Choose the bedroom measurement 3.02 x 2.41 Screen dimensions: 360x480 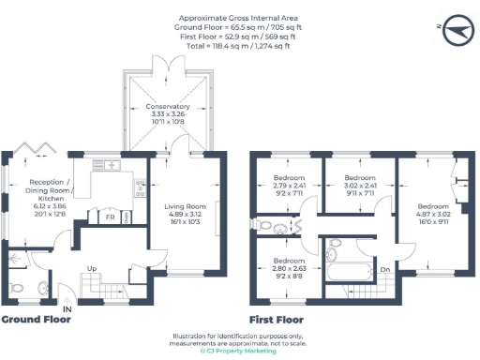click(359, 186)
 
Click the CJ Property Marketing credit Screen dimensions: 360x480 click(240, 351)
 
